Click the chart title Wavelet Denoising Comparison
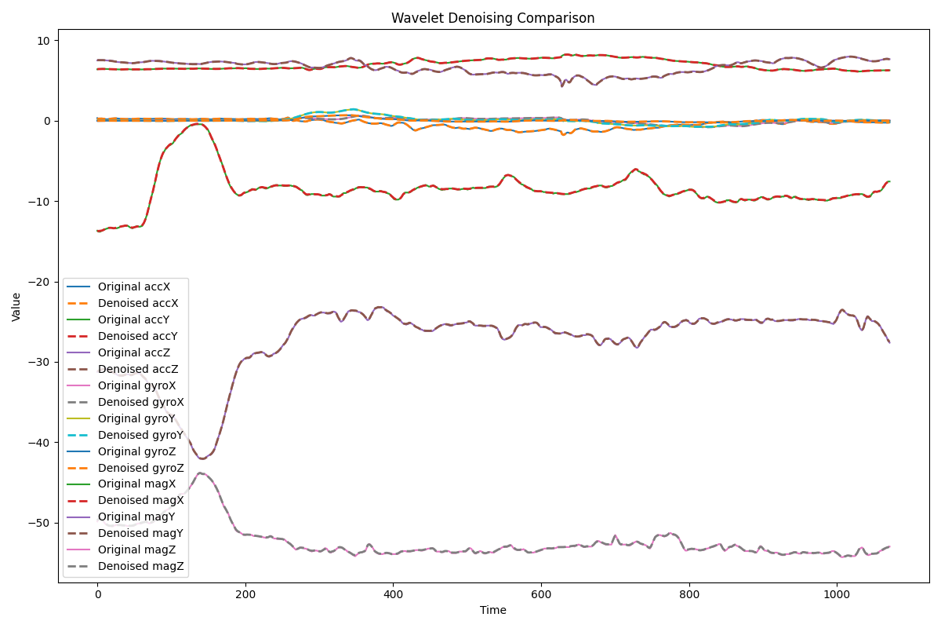coord(492,18)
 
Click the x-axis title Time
coord(492,610)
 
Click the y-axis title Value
coord(16,306)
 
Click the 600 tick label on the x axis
coord(541,595)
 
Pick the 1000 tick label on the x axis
coord(837,595)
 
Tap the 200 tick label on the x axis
coord(245,595)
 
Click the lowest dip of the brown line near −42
coord(202,458)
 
